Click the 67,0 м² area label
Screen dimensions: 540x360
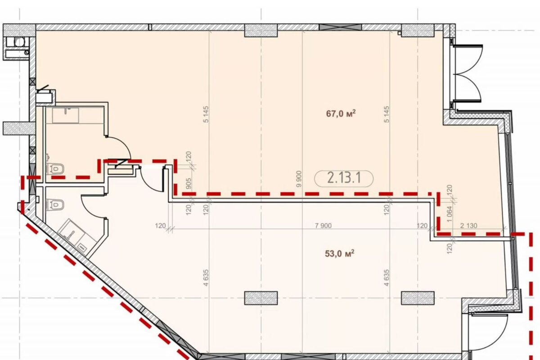point(341,113)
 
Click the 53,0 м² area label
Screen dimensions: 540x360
point(340,254)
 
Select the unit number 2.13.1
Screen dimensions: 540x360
point(344,179)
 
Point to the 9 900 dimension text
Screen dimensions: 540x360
point(299,179)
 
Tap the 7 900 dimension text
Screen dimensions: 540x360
point(323,226)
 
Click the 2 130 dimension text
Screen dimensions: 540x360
point(468,226)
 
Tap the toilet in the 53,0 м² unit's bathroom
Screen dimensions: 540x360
point(55,204)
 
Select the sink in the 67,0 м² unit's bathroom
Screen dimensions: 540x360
point(66,115)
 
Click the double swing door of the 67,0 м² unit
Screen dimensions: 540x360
point(468,72)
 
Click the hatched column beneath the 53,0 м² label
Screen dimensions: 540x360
point(261,298)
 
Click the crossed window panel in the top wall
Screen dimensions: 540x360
point(340,27)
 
